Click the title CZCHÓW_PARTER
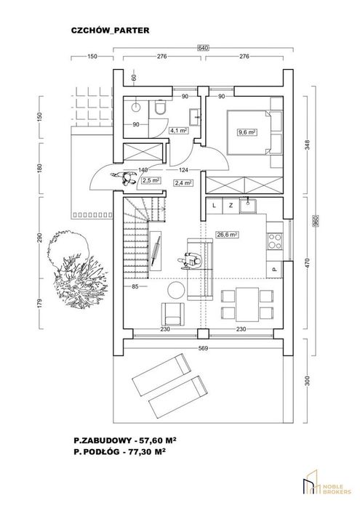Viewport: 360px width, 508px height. point(111,30)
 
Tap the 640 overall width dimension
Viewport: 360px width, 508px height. point(203,48)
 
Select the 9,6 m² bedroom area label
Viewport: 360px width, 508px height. point(247,132)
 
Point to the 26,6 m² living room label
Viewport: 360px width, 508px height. point(227,235)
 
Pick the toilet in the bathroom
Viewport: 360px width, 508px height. point(160,108)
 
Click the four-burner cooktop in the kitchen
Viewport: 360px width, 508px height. point(275,241)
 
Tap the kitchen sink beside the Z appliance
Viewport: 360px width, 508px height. point(248,206)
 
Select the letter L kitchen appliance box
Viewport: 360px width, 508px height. point(215,206)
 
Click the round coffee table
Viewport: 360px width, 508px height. point(175,289)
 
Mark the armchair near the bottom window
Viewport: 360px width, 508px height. point(173,314)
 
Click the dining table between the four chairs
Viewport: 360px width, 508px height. point(247,304)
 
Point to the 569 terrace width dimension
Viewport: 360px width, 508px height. point(203,348)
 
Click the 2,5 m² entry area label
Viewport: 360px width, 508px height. point(151,180)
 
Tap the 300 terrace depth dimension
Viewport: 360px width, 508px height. point(308,381)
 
